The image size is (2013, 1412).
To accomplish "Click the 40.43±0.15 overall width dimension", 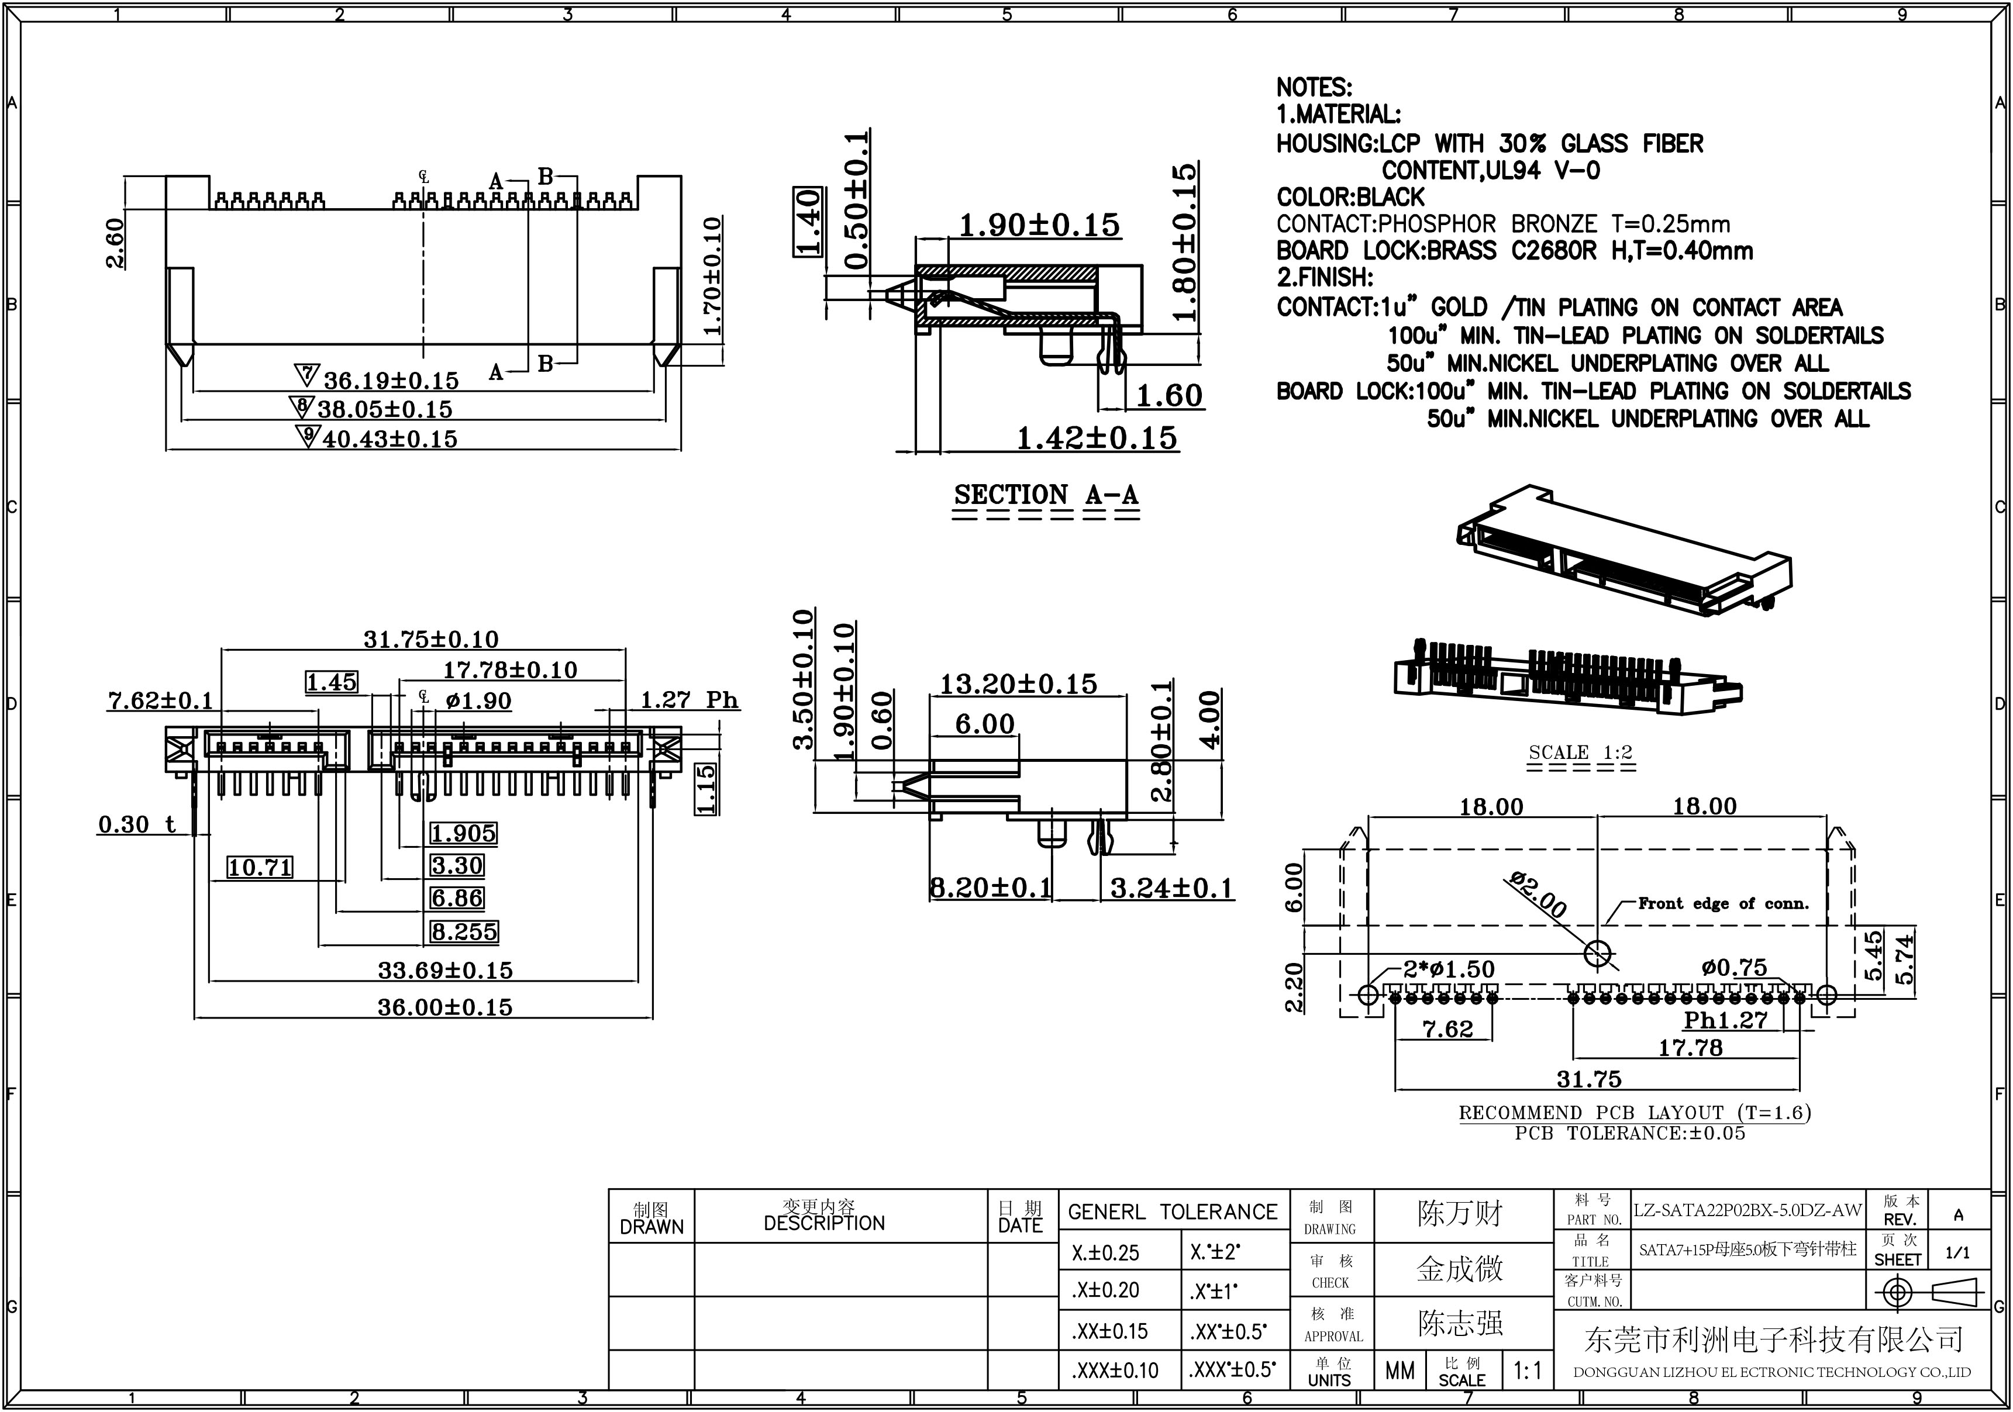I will pyautogui.click(x=390, y=439).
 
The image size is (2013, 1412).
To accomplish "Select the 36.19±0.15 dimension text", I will pyautogui.click(x=391, y=381).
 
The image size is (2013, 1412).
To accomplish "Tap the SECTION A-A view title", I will pyautogui.click(x=1046, y=495).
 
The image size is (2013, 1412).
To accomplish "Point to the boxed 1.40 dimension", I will pyautogui.click(x=808, y=222).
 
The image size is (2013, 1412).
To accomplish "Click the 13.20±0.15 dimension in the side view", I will pyautogui.click(x=1018, y=683).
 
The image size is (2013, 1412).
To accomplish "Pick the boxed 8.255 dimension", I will pyautogui.click(x=464, y=932).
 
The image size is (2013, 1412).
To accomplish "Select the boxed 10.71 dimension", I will pyautogui.click(x=260, y=868).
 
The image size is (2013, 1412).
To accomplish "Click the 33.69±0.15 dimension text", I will pyautogui.click(x=446, y=970).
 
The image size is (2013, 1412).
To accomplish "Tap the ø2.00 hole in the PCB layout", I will pyautogui.click(x=1597, y=954).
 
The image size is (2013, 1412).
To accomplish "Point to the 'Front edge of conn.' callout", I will pyautogui.click(x=1723, y=904).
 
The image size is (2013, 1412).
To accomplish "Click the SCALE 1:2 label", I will pyautogui.click(x=1581, y=752).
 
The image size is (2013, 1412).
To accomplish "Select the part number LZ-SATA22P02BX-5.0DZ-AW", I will pyautogui.click(x=1747, y=1210).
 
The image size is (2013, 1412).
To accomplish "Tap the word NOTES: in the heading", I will pyautogui.click(x=1314, y=88).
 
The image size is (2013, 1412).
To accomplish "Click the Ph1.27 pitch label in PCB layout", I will pyautogui.click(x=1725, y=1020).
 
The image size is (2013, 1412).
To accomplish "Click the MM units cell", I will pyautogui.click(x=1400, y=1370).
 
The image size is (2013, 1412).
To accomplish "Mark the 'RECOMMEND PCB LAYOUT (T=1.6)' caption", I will pyautogui.click(x=1634, y=1113).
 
